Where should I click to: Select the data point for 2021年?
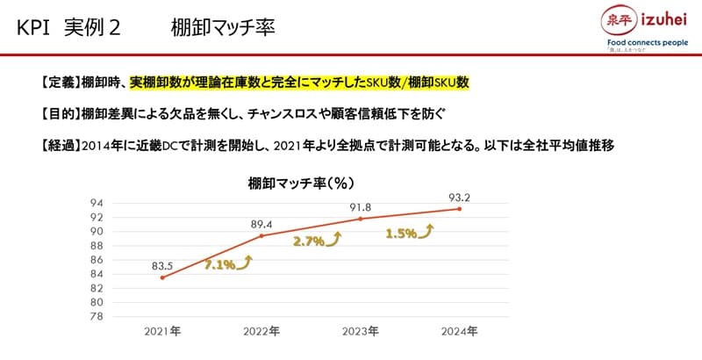coord(162,277)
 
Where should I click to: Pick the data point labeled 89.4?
coord(261,235)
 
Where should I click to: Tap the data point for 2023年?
coord(361,219)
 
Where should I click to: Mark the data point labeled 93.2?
coord(459,209)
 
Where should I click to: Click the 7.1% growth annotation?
coord(219,263)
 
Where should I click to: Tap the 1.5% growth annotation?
coord(401,234)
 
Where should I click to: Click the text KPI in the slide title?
coord(33,27)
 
